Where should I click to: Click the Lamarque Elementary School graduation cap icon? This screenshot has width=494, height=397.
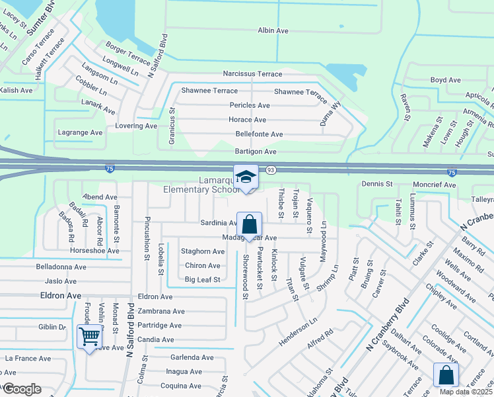tap(246, 177)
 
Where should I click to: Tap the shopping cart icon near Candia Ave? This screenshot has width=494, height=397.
tap(89, 336)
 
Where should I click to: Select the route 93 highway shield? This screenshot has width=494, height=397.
tap(271, 171)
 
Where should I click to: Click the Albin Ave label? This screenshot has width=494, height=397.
tap(273, 30)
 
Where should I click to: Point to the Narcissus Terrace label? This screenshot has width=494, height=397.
tap(252, 74)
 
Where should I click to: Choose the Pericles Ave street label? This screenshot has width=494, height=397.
tap(250, 105)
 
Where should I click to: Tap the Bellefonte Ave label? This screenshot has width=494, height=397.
tap(259, 134)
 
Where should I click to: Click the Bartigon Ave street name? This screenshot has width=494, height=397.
tap(256, 152)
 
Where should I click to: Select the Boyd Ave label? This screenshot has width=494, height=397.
tap(445, 80)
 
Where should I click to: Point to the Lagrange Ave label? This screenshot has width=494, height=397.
tap(81, 132)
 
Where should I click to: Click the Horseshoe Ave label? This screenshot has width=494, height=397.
tap(95, 251)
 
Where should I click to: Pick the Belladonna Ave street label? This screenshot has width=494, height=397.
tap(62, 267)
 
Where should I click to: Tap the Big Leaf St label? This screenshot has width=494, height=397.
tap(202, 280)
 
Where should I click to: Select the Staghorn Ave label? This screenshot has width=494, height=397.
tap(203, 251)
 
